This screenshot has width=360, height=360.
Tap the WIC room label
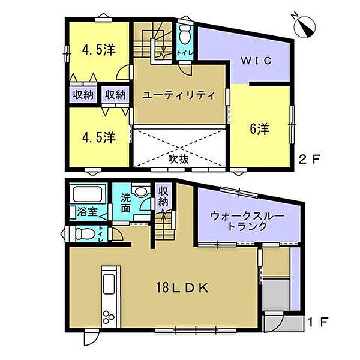tap(257, 61)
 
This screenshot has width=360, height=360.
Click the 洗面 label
tap(125, 203)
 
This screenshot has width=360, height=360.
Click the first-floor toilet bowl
tap(84, 233)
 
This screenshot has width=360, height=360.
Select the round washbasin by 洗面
tap(140, 193)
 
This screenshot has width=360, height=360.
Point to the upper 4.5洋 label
tap(98, 52)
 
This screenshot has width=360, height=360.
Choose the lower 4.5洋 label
tap(98, 136)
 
